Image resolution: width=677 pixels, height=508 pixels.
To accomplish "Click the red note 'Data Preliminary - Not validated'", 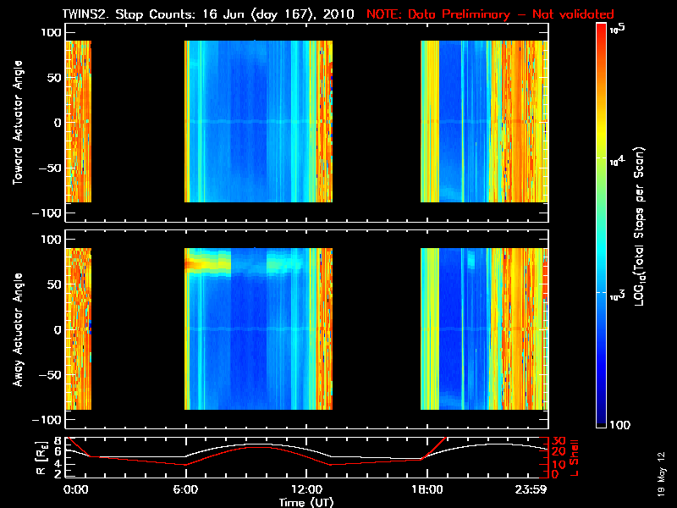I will [x=490, y=14].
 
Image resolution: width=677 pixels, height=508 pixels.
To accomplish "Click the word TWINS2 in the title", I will [x=86, y=14].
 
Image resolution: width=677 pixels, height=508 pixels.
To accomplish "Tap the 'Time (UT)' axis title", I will [x=307, y=502].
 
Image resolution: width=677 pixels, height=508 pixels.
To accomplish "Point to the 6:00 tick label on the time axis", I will [x=186, y=490].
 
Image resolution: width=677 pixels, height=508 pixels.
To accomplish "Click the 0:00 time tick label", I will [x=76, y=490].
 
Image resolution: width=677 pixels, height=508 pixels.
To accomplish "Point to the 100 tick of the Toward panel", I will [x=52, y=31].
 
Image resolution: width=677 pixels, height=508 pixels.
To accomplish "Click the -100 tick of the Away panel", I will [x=49, y=421].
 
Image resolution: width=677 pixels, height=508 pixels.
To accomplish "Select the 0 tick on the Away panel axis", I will [x=58, y=329].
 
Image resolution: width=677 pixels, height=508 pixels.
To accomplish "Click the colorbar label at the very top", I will [x=620, y=29].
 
